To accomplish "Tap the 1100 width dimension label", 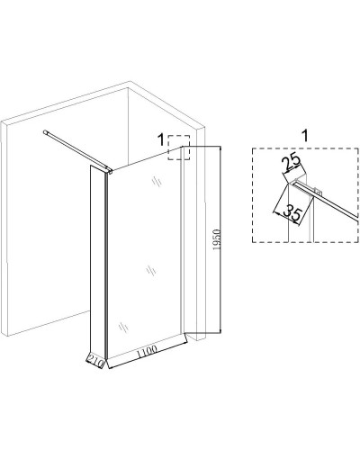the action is pos(147,352).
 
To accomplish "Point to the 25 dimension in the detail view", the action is pos(291,161).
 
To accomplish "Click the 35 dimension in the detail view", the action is pos(292,212).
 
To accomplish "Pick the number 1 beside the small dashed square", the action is pos(161,139).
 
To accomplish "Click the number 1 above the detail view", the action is pos(305,136).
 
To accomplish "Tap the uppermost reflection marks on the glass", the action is pos(157,182).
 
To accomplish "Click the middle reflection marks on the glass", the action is pos(151,271).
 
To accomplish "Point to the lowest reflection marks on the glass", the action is pos(123,327).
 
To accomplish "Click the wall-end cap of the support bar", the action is pos(46,131).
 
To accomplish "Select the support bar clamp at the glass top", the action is pos(110,171).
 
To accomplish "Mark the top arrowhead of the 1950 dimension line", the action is pos(220,148).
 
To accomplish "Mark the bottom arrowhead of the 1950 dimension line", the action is pos(220,330).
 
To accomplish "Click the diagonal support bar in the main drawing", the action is pos(76,150).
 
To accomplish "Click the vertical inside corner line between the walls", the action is pos(129,126).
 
